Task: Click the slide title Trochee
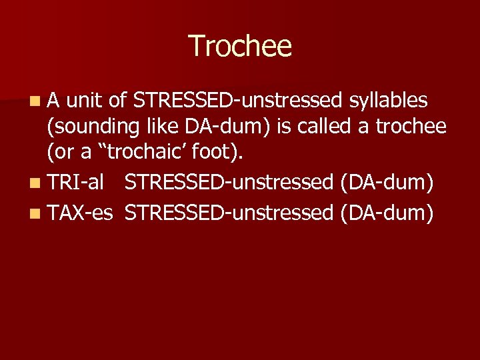240,46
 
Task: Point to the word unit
85,101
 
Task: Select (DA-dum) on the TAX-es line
387,213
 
